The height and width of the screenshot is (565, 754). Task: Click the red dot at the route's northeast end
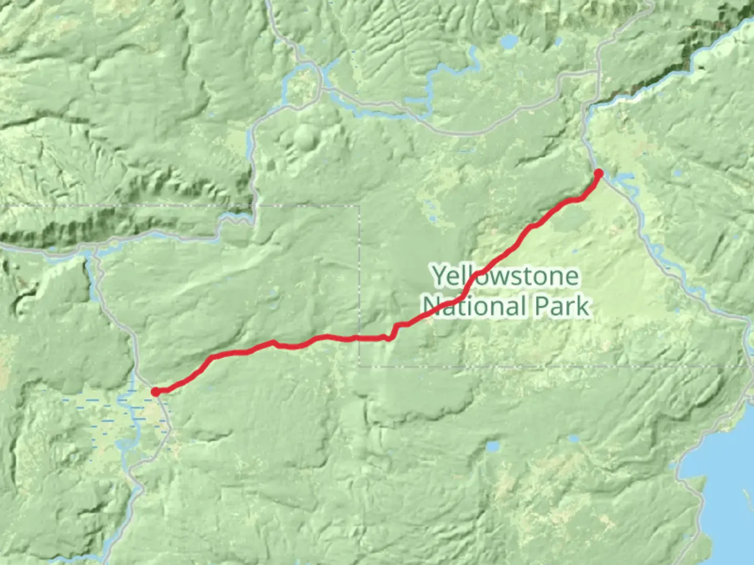598,173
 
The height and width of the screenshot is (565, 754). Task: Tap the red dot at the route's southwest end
156,392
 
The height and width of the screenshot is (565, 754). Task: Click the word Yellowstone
506,276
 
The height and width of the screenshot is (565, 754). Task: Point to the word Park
562,307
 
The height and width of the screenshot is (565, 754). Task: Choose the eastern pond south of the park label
574,438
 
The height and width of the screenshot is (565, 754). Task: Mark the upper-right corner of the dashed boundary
359,206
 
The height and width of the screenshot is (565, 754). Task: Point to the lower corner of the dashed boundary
359,366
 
